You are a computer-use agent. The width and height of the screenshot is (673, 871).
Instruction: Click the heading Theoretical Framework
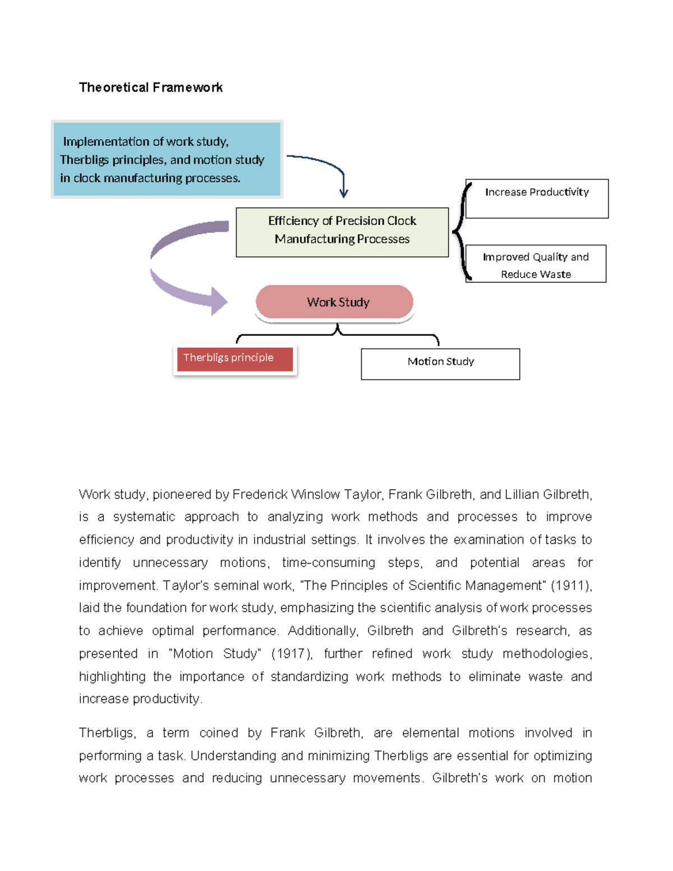(x=150, y=87)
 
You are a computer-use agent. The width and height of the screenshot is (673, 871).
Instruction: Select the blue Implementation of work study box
(x=167, y=159)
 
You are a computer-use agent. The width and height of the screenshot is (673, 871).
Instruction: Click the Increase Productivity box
(x=537, y=199)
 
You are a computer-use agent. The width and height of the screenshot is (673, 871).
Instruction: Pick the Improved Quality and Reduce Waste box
(x=536, y=264)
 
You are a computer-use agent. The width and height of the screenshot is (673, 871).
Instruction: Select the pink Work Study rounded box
(x=335, y=302)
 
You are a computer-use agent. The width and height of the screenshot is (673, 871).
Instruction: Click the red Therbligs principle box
(x=234, y=359)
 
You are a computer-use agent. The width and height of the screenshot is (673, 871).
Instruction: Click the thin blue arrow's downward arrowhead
(x=344, y=193)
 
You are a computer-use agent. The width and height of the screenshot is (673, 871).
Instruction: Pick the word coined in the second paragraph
(x=219, y=733)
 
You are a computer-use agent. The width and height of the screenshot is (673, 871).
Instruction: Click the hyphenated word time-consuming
(x=329, y=563)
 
